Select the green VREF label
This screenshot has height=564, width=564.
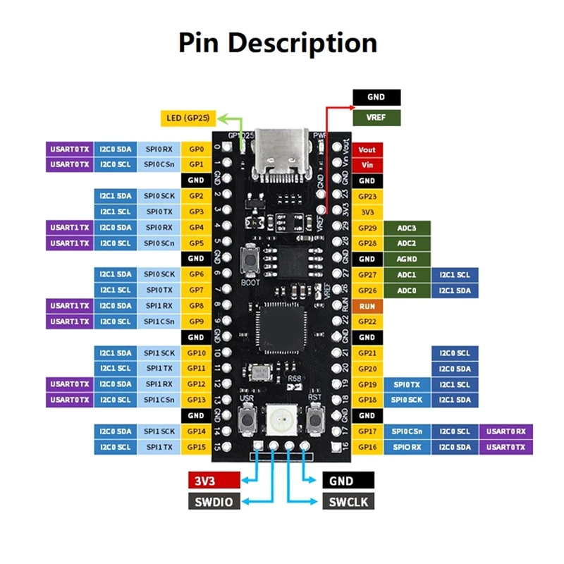click(376, 118)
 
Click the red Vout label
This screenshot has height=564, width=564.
click(367, 149)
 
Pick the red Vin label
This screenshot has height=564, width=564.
click(367, 165)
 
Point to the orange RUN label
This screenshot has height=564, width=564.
click(367, 307)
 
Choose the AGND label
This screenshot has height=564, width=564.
click(407, 259)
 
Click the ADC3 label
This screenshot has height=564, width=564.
click(407, 228)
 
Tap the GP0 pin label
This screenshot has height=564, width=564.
click(196, 149)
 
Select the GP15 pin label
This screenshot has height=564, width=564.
click(196, 447)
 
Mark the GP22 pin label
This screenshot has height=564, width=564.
click(367, 322)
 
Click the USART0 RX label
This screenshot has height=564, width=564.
click(506, 431)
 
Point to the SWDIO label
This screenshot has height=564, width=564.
click(214, 501)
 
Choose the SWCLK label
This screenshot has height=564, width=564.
click(348, 501)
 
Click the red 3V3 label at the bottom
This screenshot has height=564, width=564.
click(214, 481)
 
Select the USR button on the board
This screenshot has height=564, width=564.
click(247, 423)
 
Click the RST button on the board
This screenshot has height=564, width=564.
click(315, 423)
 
